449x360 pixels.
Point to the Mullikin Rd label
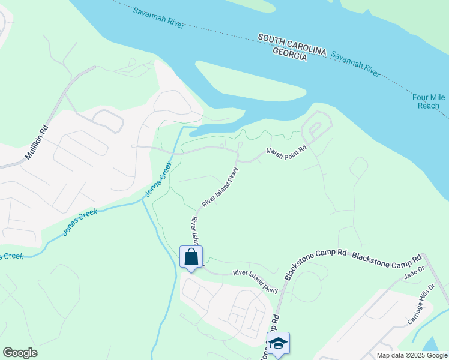click(x=36, y=142)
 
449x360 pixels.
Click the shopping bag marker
click(x=191, y=257)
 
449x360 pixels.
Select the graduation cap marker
click(x=278, y=344)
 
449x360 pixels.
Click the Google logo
click(x=20, y=353)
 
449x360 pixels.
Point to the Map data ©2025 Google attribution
click(x=411, y=355)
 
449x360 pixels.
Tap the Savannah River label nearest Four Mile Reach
click(x=355, y=63)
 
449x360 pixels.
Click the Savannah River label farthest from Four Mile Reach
click(x=158, y=19)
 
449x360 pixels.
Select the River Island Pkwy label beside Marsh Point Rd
click(x=220, y=188)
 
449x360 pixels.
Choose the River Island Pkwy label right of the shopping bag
click(x=255, y=281)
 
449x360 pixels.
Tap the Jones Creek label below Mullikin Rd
click(x=80, y=221)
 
